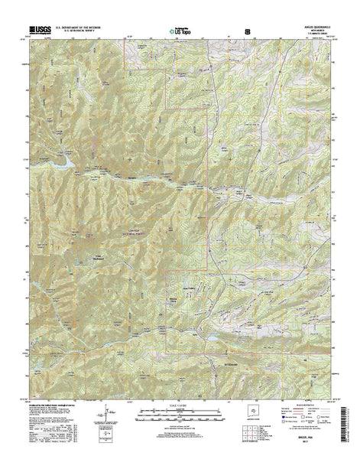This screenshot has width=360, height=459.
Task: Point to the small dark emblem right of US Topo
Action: (246, 31)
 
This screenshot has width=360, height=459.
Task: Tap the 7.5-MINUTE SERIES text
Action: (313, 35)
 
